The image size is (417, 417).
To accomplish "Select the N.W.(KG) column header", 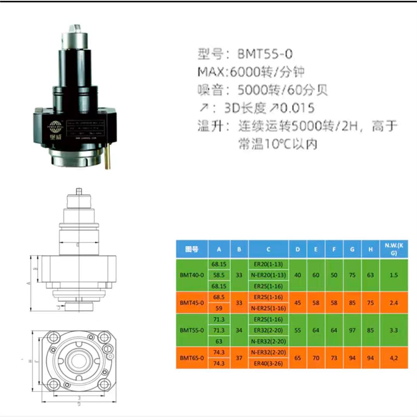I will [394, 249].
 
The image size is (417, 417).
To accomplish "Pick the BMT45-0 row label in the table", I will [192, 302].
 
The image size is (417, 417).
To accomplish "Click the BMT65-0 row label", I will [192, 358].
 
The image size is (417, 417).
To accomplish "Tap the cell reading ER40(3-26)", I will [269, 363].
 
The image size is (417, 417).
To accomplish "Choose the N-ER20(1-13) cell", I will [269, 275].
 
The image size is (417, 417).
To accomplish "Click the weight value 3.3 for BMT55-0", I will [394, 330].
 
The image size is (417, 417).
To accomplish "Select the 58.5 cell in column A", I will [219, 275].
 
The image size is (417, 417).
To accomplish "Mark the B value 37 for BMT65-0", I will [239, 358].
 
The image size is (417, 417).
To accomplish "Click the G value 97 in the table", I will [352, 330].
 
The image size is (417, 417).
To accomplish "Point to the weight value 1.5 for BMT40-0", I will [394, 275].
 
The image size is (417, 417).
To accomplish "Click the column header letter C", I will [269, 249].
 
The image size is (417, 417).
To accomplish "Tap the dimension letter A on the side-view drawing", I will [28, 283].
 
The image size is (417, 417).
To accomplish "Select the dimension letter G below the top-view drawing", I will [79, 404].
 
